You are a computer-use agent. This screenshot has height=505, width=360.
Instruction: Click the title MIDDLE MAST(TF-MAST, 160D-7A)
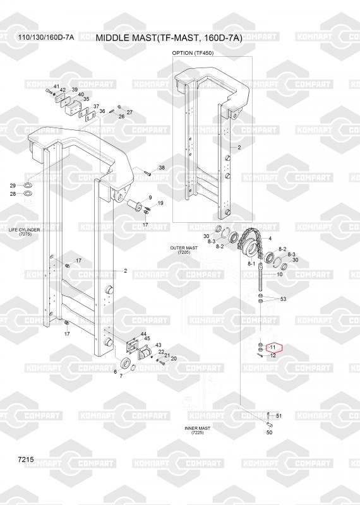click(x=169, y=38)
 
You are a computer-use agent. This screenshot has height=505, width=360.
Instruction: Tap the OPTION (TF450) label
click(x=193, y=53)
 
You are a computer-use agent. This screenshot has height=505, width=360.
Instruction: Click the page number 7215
click(x=26, y=460)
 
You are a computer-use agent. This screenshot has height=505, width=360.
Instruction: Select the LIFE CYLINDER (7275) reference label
click(x=25, y=232)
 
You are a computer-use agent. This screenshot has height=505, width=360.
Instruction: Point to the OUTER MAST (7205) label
click(x=184, y=250)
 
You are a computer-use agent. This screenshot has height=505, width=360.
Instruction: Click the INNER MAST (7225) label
click(x=197, y=431)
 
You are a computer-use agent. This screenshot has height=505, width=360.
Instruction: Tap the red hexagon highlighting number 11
click(x=273, y=347)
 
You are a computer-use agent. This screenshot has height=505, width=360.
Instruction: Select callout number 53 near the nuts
click(x=283, y=299)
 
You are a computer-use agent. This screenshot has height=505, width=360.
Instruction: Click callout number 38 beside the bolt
click(x=162, y=168)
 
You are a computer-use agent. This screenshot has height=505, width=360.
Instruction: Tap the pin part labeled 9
click(x=134, y=205)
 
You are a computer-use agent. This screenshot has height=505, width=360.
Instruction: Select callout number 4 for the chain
click(x=270, y=239)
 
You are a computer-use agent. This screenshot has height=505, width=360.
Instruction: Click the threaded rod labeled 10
click(x=260, y=276)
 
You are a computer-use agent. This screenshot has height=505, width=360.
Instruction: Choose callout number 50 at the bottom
click(x=270, y=432)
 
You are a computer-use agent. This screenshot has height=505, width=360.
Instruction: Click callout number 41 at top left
click(x=56, y=86)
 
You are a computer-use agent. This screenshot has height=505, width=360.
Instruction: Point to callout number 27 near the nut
click(x=129, y=112)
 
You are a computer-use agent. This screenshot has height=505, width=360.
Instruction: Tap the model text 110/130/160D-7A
click(x=45, y=38)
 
